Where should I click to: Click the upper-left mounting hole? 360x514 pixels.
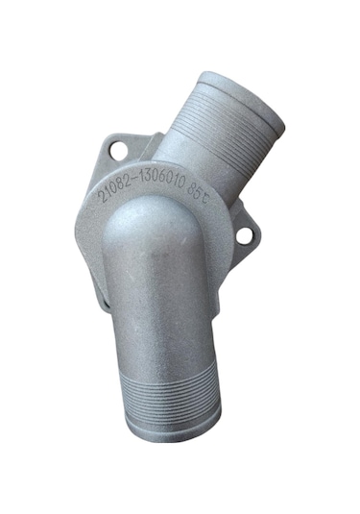pyautogui.click(x=119, y=151)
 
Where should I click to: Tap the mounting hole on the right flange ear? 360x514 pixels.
pyautogui.click(x=244, y=234)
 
